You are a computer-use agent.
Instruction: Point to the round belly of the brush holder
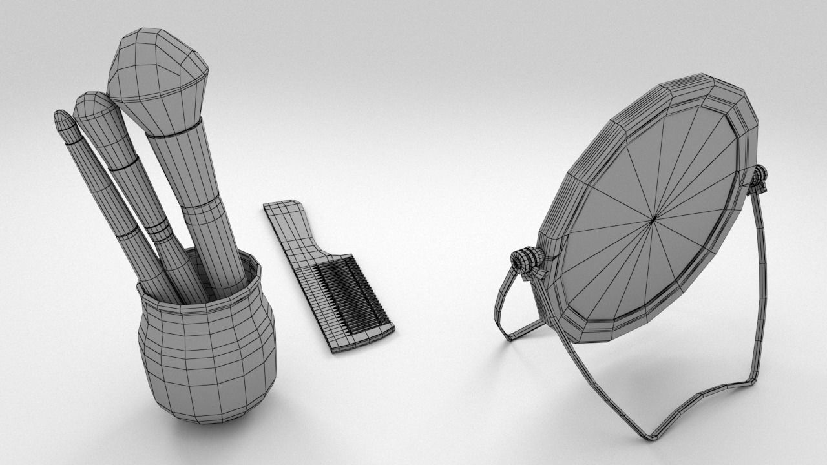pyautogui.click(x=207, y=355)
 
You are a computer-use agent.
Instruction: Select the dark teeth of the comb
pyautogui.click(x=352, y=291)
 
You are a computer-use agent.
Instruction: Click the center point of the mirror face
pyautogui.click(x=653, y=220)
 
